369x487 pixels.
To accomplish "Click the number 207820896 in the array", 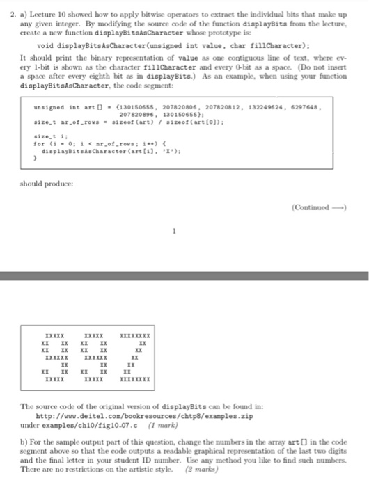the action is (x=139, y=115).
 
